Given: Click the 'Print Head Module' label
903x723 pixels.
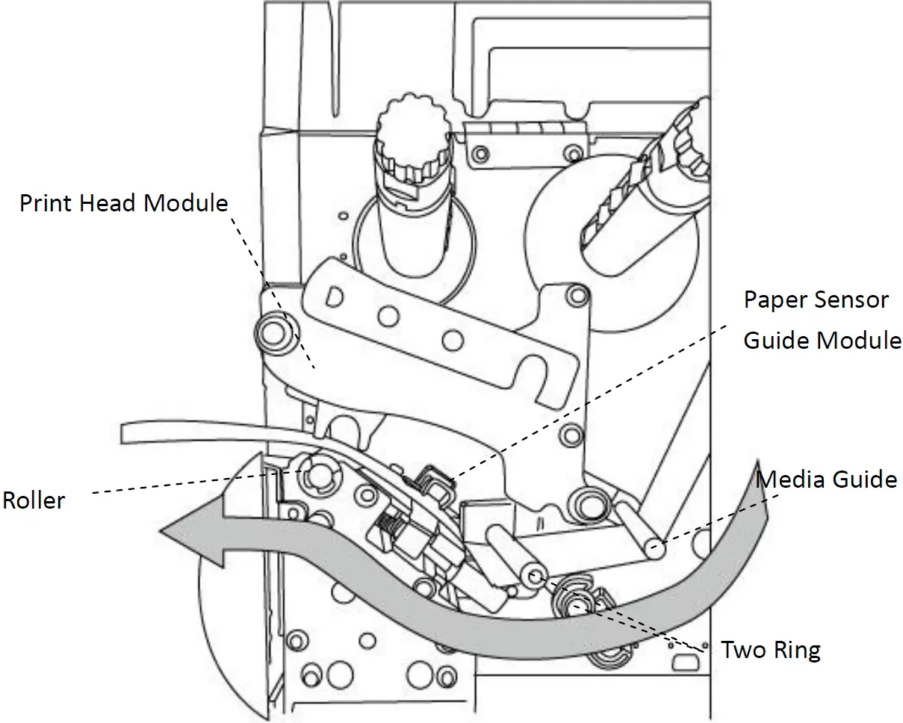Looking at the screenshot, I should click(123, 202).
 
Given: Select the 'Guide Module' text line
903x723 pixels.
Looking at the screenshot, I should click(822, 341).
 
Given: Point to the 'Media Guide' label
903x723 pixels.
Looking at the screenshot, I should click(827, 479).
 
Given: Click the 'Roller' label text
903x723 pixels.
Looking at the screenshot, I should click(34, 500).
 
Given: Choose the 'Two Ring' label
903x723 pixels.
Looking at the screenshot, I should click(770, 650).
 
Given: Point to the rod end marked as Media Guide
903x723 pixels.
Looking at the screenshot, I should click(654, 549).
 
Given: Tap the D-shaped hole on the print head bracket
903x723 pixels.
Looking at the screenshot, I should click(334, 297).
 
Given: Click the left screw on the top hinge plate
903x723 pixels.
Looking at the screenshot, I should click(480, 153).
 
